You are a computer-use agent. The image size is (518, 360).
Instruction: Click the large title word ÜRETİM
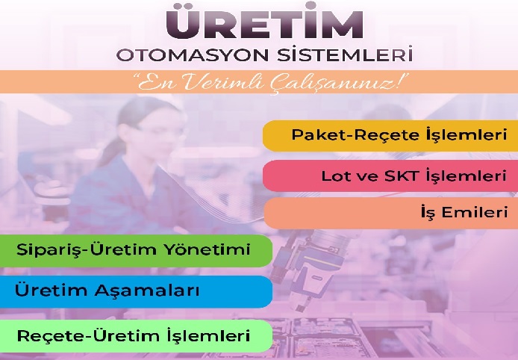(265, 21)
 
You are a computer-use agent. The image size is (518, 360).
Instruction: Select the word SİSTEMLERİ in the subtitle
(345, 54)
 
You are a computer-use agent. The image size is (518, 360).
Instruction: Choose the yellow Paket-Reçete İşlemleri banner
(390, 135)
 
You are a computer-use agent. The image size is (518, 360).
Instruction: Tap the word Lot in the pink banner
(334, 176)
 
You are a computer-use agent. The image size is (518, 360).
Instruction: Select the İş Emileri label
(464, 211)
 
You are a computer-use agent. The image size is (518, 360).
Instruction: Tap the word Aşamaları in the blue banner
(147, 291)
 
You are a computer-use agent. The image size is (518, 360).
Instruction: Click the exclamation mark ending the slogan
(402, 81)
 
